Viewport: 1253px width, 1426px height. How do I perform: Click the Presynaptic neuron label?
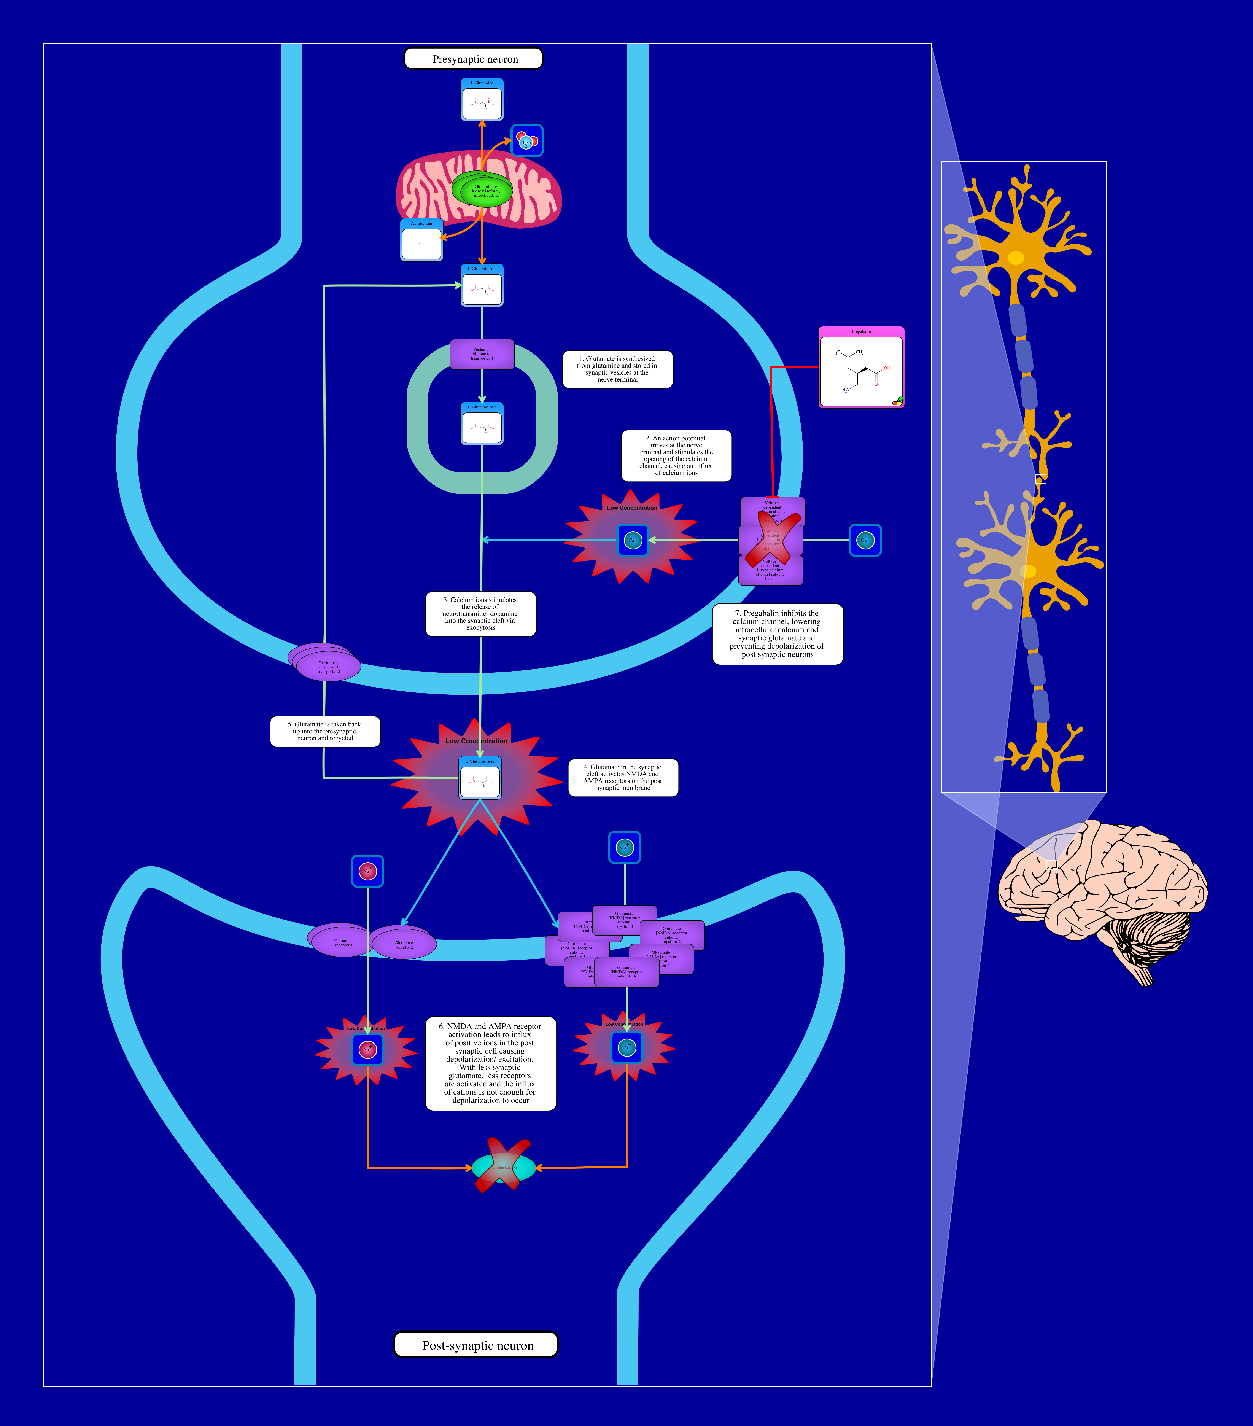click(474, 59)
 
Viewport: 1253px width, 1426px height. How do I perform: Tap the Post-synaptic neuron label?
click(477, 1345)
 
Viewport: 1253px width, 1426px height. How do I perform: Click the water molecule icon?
click(527, 141)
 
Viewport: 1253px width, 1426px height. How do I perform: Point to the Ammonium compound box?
click(421, 241)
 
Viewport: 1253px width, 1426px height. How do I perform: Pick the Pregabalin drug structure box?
click(861, 368)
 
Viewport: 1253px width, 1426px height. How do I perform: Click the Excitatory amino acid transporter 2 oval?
click(329, 666)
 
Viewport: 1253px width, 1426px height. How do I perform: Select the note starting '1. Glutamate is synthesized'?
click(617, 369)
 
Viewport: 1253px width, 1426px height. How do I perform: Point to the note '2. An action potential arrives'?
click(676, 456)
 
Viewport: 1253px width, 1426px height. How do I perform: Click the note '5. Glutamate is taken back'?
click(325, 731)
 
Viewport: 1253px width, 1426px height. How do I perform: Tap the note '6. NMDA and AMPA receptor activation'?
click(490, 1063)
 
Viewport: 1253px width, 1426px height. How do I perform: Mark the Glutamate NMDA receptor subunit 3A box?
click(626, 972)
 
